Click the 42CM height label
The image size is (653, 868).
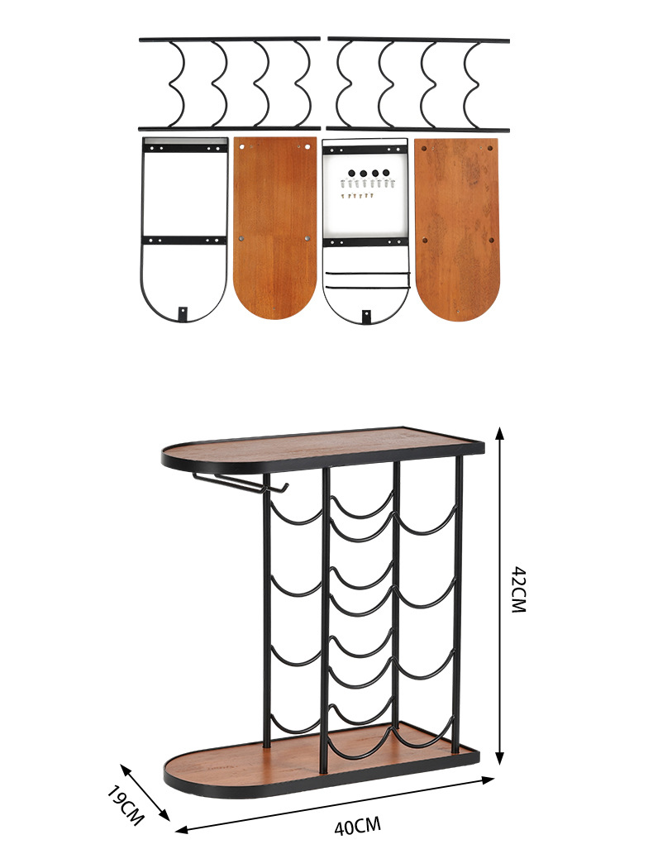pyautogui.click(x=518, y=589)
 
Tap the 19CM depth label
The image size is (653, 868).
pyautogui.click(x=125, y=805)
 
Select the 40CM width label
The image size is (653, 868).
pyautogui.click(x=357, y=827)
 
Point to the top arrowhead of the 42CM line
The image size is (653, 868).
pyautogui.click(x=500, y=433)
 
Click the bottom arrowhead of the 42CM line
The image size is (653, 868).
pyautogui.click(x=500, y=758)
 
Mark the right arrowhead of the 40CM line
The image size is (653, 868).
pyautogui.click(x=488, y=780)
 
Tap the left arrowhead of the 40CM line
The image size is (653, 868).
pyautogui.click(x=183, y=829)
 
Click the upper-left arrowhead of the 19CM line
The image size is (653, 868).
pyautogui.click(x=125, y=769)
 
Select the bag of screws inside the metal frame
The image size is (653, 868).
pyautogui.click(x=364, y=183)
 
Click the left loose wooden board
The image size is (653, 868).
pyautogui.click(x=275, y=227)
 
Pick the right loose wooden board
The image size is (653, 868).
pyautogui.click(x=456, y=229)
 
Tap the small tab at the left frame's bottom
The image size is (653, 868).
pyautogui.click(x=183, y=313)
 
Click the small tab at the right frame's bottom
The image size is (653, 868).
pyautogui.click(x=366, y=317)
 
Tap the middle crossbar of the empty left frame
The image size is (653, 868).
pyautogui.click(x=184, y=241)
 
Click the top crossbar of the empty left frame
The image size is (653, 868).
pyautogui.click(x=184, y=149)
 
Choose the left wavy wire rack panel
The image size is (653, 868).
pyautogui.click(x=229, y=84)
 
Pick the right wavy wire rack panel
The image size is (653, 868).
pyautogui.click(x=418, y=84)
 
